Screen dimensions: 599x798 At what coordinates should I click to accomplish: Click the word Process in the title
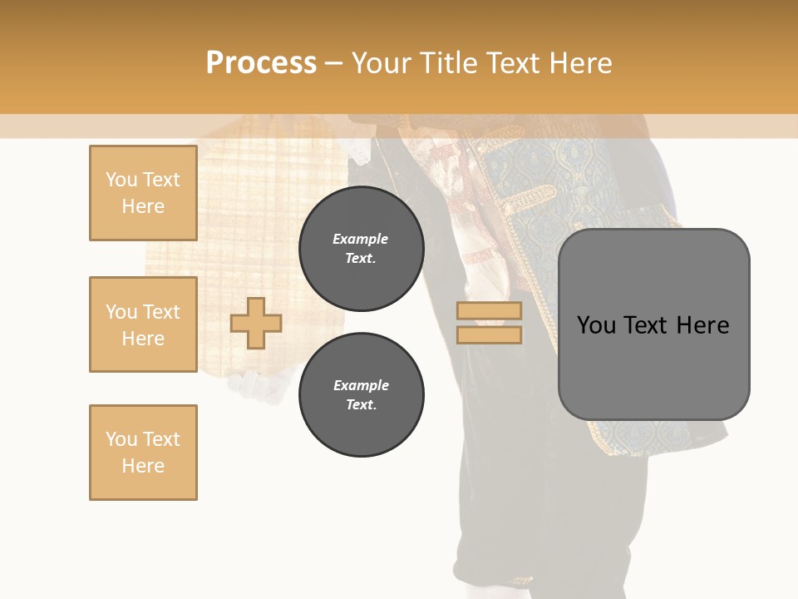261,63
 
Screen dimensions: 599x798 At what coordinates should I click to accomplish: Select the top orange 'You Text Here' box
143,193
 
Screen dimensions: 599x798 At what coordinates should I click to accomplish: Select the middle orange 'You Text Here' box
143,324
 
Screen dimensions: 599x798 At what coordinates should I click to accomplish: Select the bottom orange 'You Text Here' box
143,453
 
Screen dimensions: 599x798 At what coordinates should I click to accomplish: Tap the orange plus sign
256,323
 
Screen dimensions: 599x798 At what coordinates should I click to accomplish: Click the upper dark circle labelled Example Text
361,249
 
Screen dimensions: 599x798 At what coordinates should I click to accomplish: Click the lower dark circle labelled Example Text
361,395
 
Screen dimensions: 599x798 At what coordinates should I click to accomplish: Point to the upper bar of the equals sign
489,310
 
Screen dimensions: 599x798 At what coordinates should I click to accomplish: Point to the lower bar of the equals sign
489,334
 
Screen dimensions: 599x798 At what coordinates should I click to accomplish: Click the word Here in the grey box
702,325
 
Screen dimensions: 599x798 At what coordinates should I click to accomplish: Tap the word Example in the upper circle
361,239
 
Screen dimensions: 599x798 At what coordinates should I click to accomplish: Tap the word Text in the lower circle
361,405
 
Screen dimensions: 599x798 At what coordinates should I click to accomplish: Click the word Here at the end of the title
581,63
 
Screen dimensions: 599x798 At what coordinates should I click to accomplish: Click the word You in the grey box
597,325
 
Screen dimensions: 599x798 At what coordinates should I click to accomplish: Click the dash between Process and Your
333,63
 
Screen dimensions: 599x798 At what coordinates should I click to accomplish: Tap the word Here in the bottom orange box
143,466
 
